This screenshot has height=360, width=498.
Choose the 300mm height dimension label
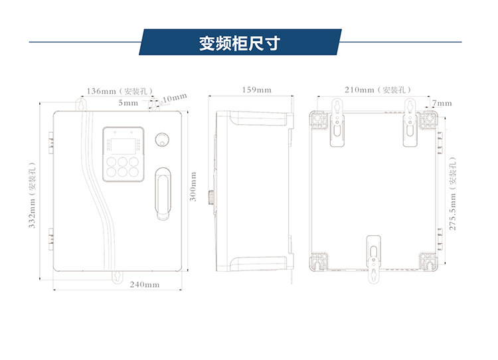[193, 187]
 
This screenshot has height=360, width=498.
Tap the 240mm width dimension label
[144, 285]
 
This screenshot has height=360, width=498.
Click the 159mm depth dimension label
[256, 90]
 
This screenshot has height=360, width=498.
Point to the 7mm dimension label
[442, 103]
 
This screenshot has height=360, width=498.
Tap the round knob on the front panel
[162, 139]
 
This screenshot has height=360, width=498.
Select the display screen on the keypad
[121, 143]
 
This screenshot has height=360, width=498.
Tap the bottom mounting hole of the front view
[117, 276]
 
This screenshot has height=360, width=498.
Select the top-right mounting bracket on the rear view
[412, 124]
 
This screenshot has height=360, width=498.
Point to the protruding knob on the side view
[210, 197]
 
